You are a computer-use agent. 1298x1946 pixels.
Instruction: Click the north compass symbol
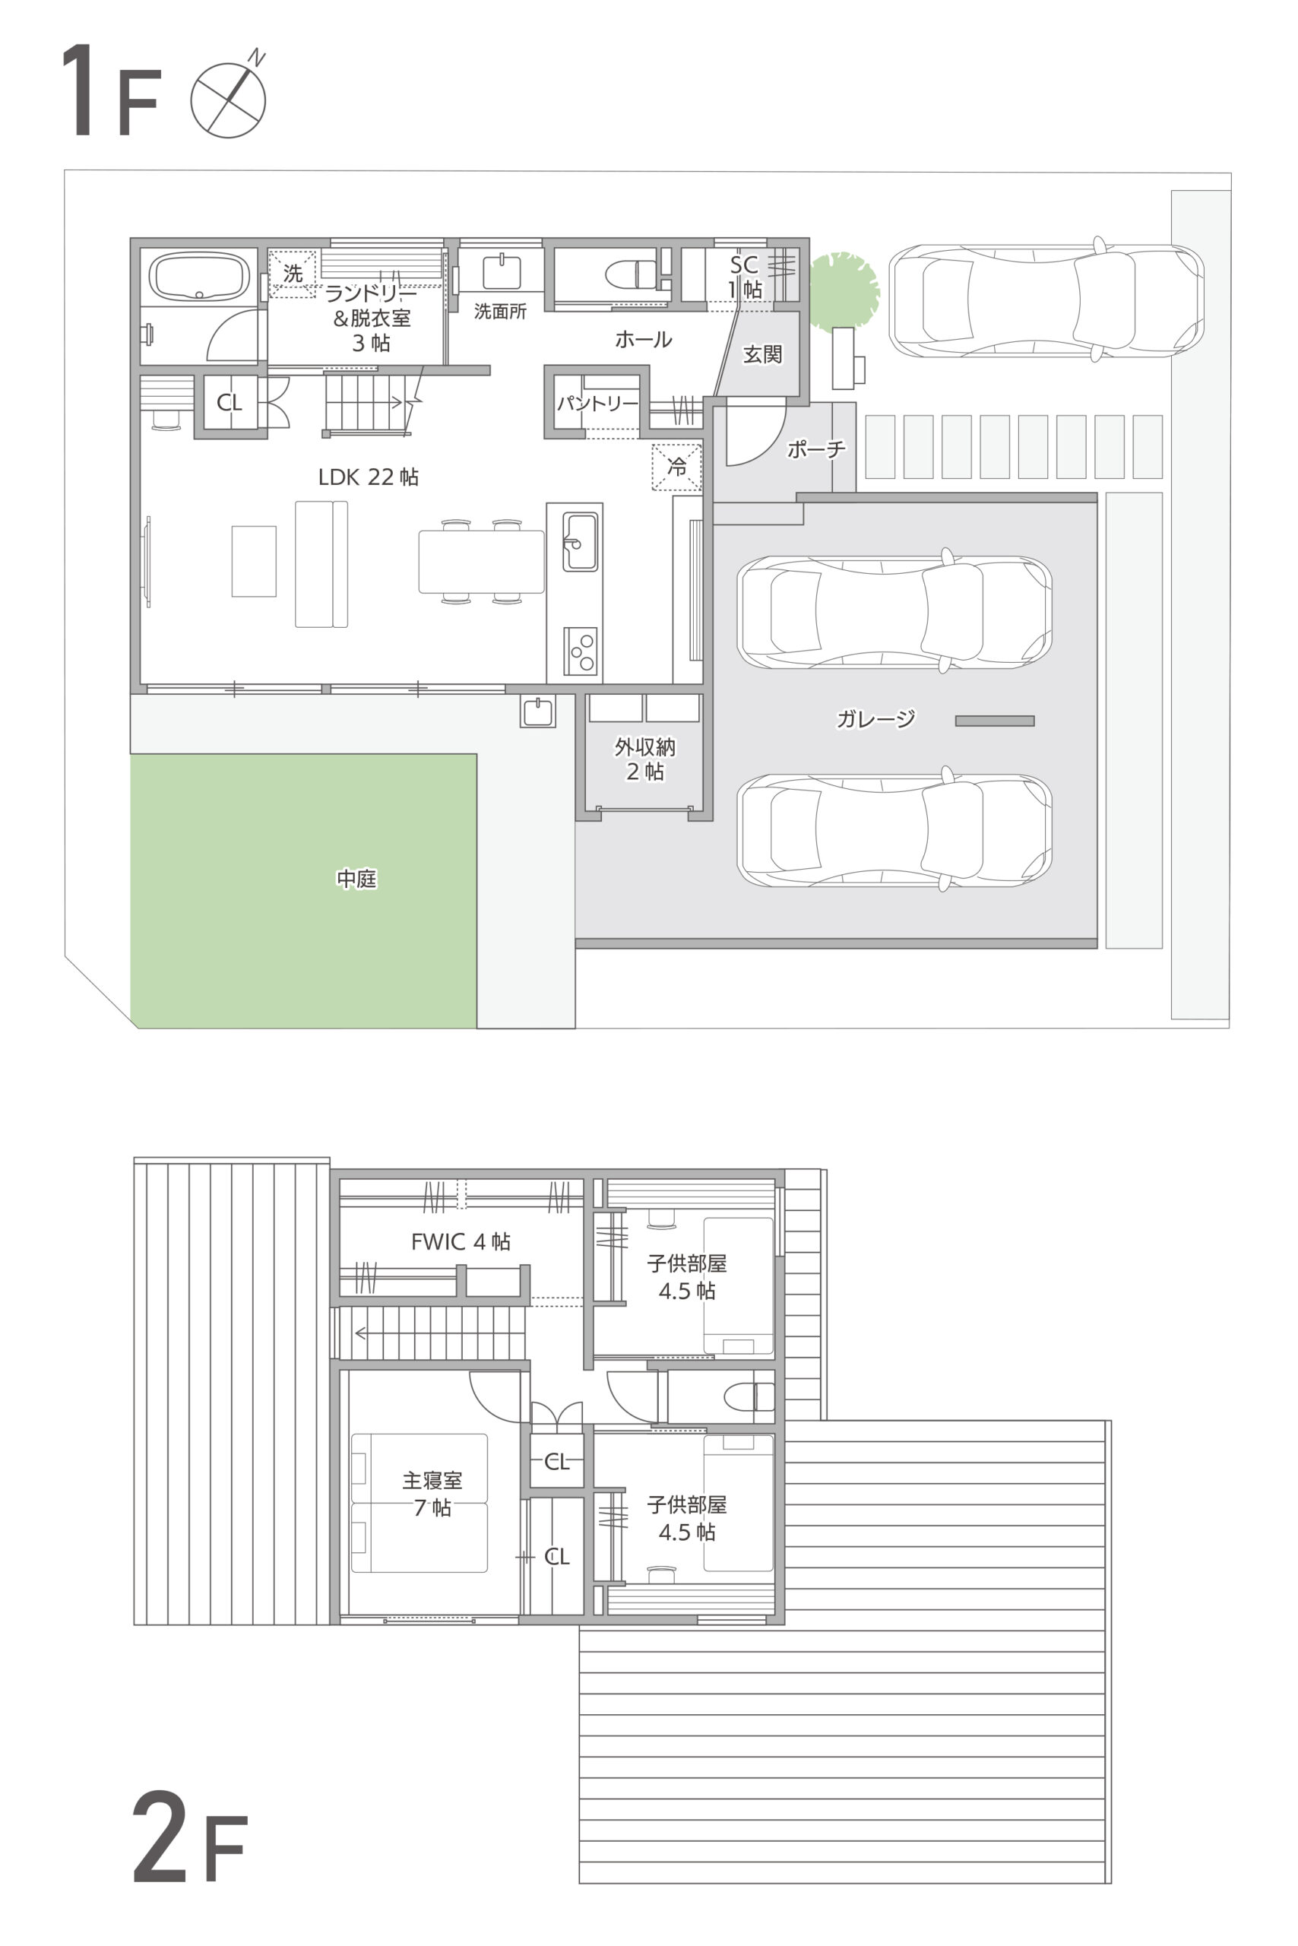(229, 98)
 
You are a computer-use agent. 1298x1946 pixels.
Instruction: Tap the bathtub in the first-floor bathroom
(198, 277)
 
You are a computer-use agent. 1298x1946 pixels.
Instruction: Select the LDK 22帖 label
(369, 477)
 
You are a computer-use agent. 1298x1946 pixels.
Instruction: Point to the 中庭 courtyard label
(356, 879)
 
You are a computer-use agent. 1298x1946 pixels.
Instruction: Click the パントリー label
(597, 404)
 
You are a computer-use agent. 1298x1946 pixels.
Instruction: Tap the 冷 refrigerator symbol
(676, 467)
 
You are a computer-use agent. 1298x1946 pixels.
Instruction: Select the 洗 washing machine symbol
(293, 273)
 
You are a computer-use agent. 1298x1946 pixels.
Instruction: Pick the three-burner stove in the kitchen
(581, 651)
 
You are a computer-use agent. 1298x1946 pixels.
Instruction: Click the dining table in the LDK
(481, 562)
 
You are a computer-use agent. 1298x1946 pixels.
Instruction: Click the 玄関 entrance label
(762, 354)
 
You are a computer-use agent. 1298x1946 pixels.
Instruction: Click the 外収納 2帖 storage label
(645, 759)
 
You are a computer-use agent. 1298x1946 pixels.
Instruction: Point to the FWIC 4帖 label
(461, 1241)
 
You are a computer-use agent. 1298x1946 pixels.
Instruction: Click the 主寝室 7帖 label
(432, 1494)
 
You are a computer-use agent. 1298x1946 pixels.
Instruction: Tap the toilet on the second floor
(749, 1397)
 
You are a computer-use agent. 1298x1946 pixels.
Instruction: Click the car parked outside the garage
(1046, 300)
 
